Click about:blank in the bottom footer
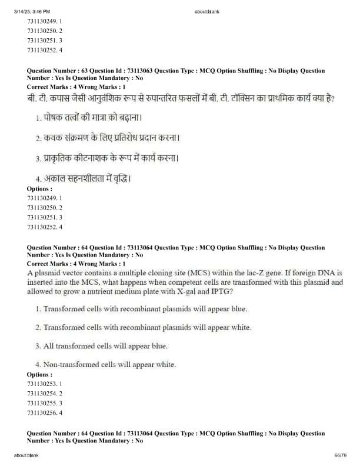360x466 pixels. (26, 455)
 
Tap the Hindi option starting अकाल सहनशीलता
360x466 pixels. (82, 178)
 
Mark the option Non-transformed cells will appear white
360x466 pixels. (105, 365)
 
